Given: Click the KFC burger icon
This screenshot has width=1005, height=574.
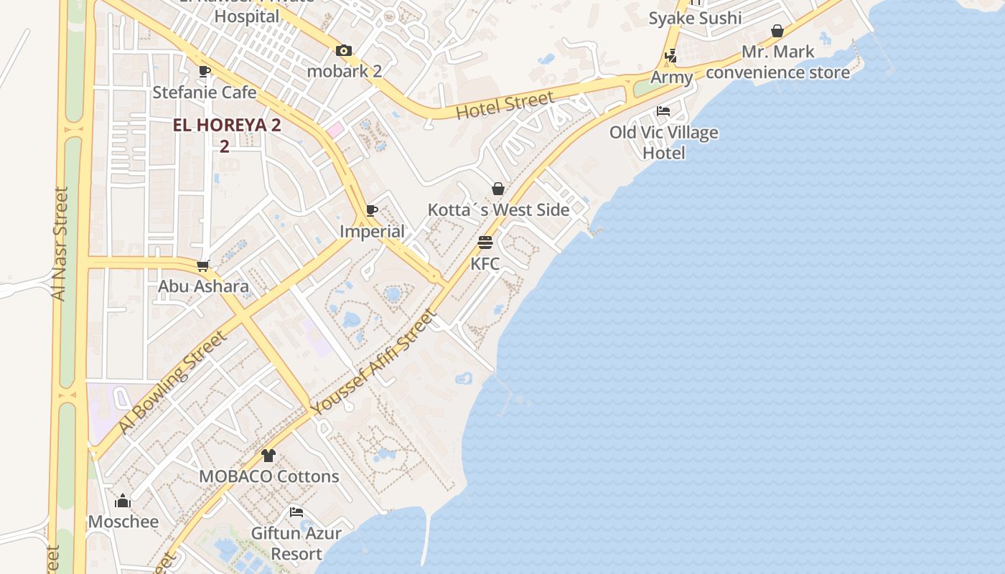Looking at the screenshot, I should pos(485,243).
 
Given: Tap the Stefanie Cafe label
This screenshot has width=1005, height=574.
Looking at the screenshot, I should pos(204,92).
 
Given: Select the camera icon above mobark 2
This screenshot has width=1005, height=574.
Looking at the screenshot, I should pos(344,50).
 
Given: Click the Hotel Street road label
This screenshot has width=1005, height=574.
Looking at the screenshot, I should pos(505,105).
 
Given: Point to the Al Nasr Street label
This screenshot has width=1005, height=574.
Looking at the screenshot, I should pos(60,244).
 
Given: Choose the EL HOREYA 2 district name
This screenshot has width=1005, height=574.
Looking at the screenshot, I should pos(227,125).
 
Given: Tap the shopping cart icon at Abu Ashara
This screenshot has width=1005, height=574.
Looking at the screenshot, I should pos(203,265).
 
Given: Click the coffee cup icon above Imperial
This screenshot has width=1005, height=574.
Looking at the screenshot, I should pos(371,210).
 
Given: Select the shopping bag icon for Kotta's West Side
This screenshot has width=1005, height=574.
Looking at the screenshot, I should pos(498,189).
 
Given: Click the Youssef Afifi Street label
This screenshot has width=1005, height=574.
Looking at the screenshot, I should pos(373,362).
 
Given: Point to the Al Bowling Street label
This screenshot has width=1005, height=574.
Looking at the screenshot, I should pos(172,382).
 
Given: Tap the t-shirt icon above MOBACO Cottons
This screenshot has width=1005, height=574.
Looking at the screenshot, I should pos(268,455).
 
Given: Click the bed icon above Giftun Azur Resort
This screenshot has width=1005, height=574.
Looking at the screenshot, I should pos(296,512).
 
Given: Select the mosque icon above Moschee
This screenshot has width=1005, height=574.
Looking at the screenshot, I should pos(123,500).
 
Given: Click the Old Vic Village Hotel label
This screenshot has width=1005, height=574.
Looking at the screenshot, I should pos(664,142).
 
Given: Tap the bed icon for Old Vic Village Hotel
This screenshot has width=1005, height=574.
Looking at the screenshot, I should pos(663,111).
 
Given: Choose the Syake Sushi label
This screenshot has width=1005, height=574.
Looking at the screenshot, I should pos(695,18).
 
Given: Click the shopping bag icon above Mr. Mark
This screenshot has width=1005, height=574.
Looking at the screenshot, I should pos(777,31).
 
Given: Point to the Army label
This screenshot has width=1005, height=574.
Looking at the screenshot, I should pos(672,77).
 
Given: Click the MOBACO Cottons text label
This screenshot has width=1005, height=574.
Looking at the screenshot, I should pos(268,476).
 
